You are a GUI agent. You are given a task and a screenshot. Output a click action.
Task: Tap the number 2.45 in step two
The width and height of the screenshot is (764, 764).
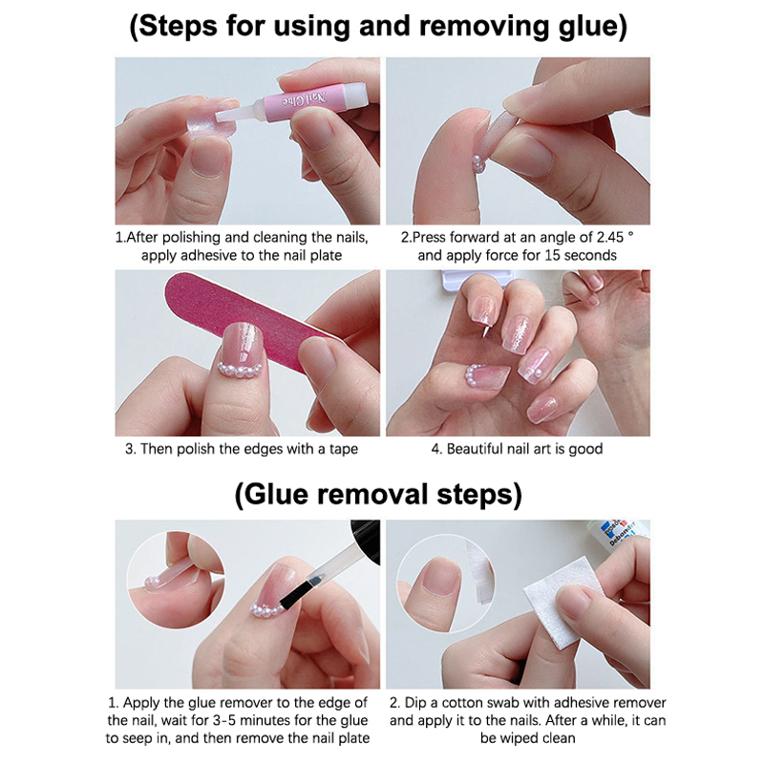point(610,237)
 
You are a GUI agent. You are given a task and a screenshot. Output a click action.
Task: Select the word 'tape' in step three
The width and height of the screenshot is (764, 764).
point(343,449)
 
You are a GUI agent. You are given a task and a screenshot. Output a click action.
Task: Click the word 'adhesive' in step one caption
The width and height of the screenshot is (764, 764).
point(210,255)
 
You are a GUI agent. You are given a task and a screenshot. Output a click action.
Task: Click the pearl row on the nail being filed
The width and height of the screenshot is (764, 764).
point(240,370)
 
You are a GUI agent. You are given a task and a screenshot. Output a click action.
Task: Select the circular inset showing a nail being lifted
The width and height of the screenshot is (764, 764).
point(176,579)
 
